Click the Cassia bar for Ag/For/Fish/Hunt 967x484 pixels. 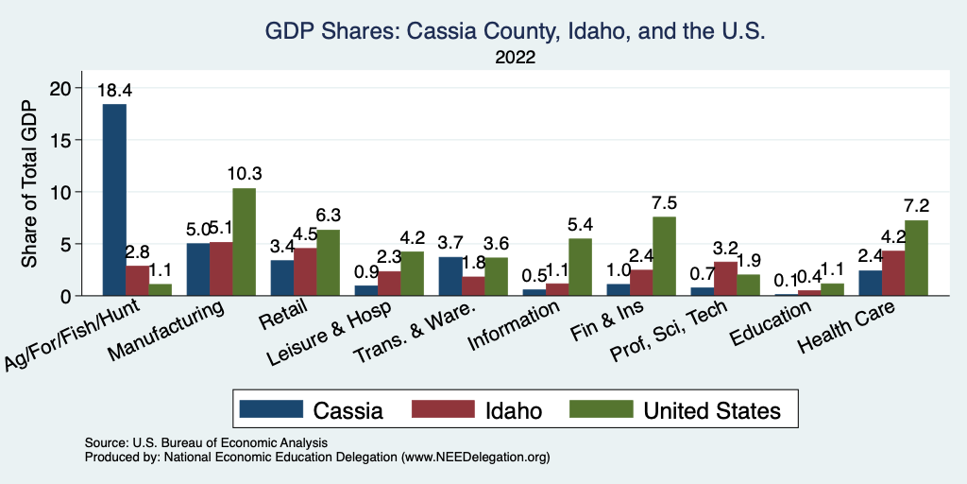(114, 199)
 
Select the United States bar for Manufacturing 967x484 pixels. (244, 242)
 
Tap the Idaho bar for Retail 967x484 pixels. (305, 272)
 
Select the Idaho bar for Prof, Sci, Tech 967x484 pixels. (725, 279)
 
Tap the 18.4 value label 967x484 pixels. (114, 92)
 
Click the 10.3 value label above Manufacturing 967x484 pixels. (244, 175)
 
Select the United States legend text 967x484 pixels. (712, 410)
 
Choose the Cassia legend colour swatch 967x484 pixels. (271, 410)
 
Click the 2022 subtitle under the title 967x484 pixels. (515, 59)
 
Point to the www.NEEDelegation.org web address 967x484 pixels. (476, 458)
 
